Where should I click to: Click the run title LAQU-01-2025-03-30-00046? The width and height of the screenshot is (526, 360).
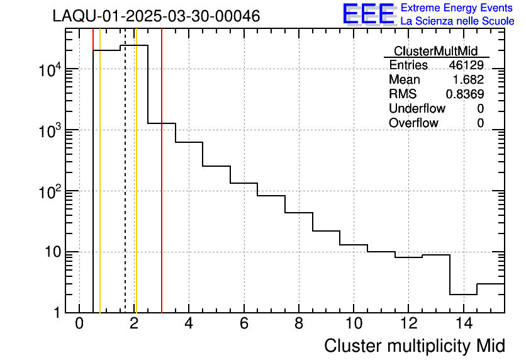tap(156, 17)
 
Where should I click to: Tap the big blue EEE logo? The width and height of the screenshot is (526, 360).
tap(369, 14)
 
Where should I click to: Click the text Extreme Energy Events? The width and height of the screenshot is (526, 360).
tap(457, 8)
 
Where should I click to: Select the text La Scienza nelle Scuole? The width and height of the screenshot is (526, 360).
tap(457, 21)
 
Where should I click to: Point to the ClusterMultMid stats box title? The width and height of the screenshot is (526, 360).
tap(435, 51)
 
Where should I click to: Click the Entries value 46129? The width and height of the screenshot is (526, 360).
tap(466, 65)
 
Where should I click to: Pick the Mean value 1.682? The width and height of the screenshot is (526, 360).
tap(468, 79)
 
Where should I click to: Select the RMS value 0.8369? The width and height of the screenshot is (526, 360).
tap(465, 94)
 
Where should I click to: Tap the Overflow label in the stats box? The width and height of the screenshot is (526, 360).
tap(413, 123)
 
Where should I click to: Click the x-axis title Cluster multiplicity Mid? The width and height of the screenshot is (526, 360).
tap(415, 346)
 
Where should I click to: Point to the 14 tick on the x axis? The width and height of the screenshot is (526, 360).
tap(463, 324)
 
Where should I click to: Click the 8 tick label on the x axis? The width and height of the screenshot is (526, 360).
tap(298, 324)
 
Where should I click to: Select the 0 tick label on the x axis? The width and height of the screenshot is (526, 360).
tap(79, 324)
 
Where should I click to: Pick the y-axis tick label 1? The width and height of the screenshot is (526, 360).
tap(57, 313)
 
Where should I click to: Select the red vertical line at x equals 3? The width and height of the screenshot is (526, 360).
tap(162, 189)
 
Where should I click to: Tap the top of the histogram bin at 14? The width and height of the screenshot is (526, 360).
tap(463, 295)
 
